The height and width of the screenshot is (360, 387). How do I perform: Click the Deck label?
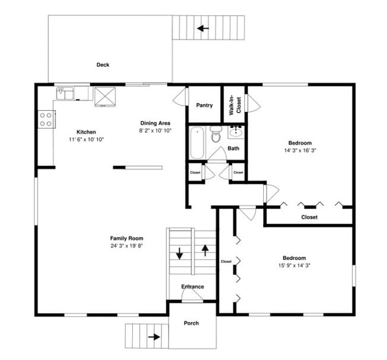coord(103,65)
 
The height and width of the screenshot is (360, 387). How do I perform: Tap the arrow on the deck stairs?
coord(204,27)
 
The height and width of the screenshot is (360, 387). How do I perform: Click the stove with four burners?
coord(45,119)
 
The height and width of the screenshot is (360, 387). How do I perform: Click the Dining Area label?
coord(155,123)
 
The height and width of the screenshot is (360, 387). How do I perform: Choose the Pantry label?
coord(204,105)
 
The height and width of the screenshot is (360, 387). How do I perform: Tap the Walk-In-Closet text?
coord(235,105)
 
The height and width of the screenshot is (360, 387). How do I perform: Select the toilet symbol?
coord(216,136)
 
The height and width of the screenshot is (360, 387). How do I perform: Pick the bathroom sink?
coord(236,131)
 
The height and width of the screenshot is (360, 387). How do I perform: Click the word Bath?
coord(233,148)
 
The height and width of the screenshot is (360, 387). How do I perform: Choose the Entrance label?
coord(192,287)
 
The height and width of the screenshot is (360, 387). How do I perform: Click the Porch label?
coord(191,323)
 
